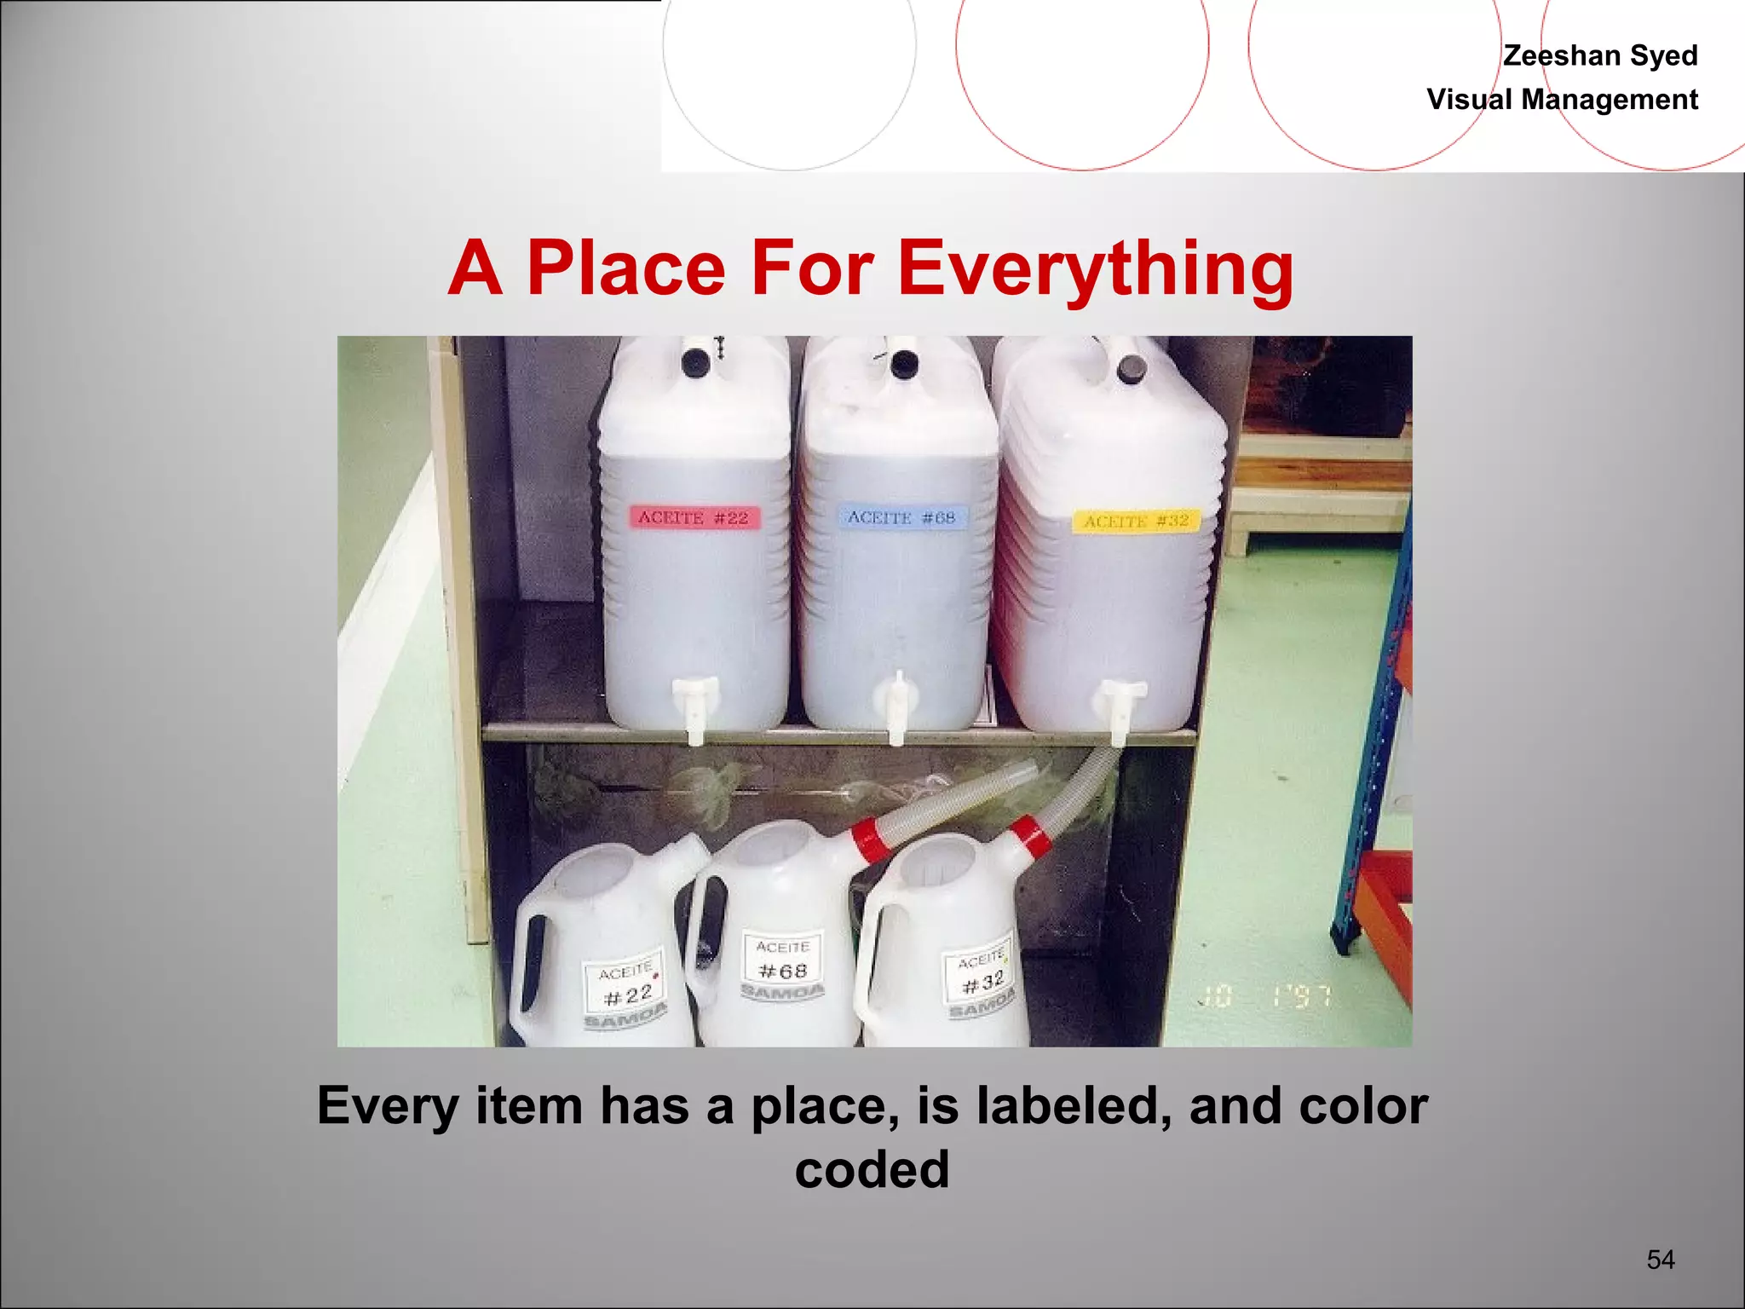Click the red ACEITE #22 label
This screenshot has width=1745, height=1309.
694,517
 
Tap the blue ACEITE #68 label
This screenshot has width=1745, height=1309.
901,517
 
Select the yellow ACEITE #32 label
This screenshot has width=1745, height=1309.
1136,521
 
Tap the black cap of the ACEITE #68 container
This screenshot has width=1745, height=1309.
901,366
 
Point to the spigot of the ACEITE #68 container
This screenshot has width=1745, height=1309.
896,706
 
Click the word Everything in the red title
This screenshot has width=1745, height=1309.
1096,268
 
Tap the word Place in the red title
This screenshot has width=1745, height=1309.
626,268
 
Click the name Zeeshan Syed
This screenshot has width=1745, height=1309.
1600,55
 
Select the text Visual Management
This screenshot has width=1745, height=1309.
1562,100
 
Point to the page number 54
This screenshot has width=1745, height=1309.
1661,1260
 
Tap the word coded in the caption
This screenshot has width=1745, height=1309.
872,1169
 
